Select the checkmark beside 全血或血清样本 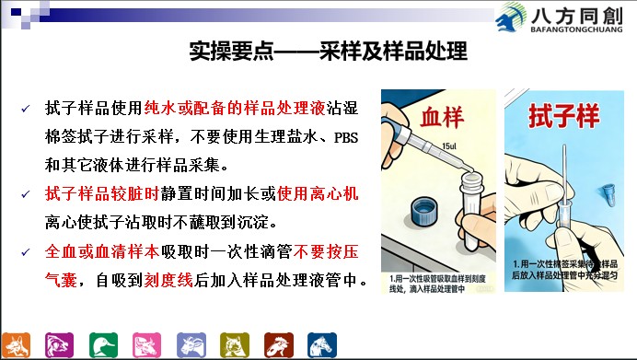tap(26, 252)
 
